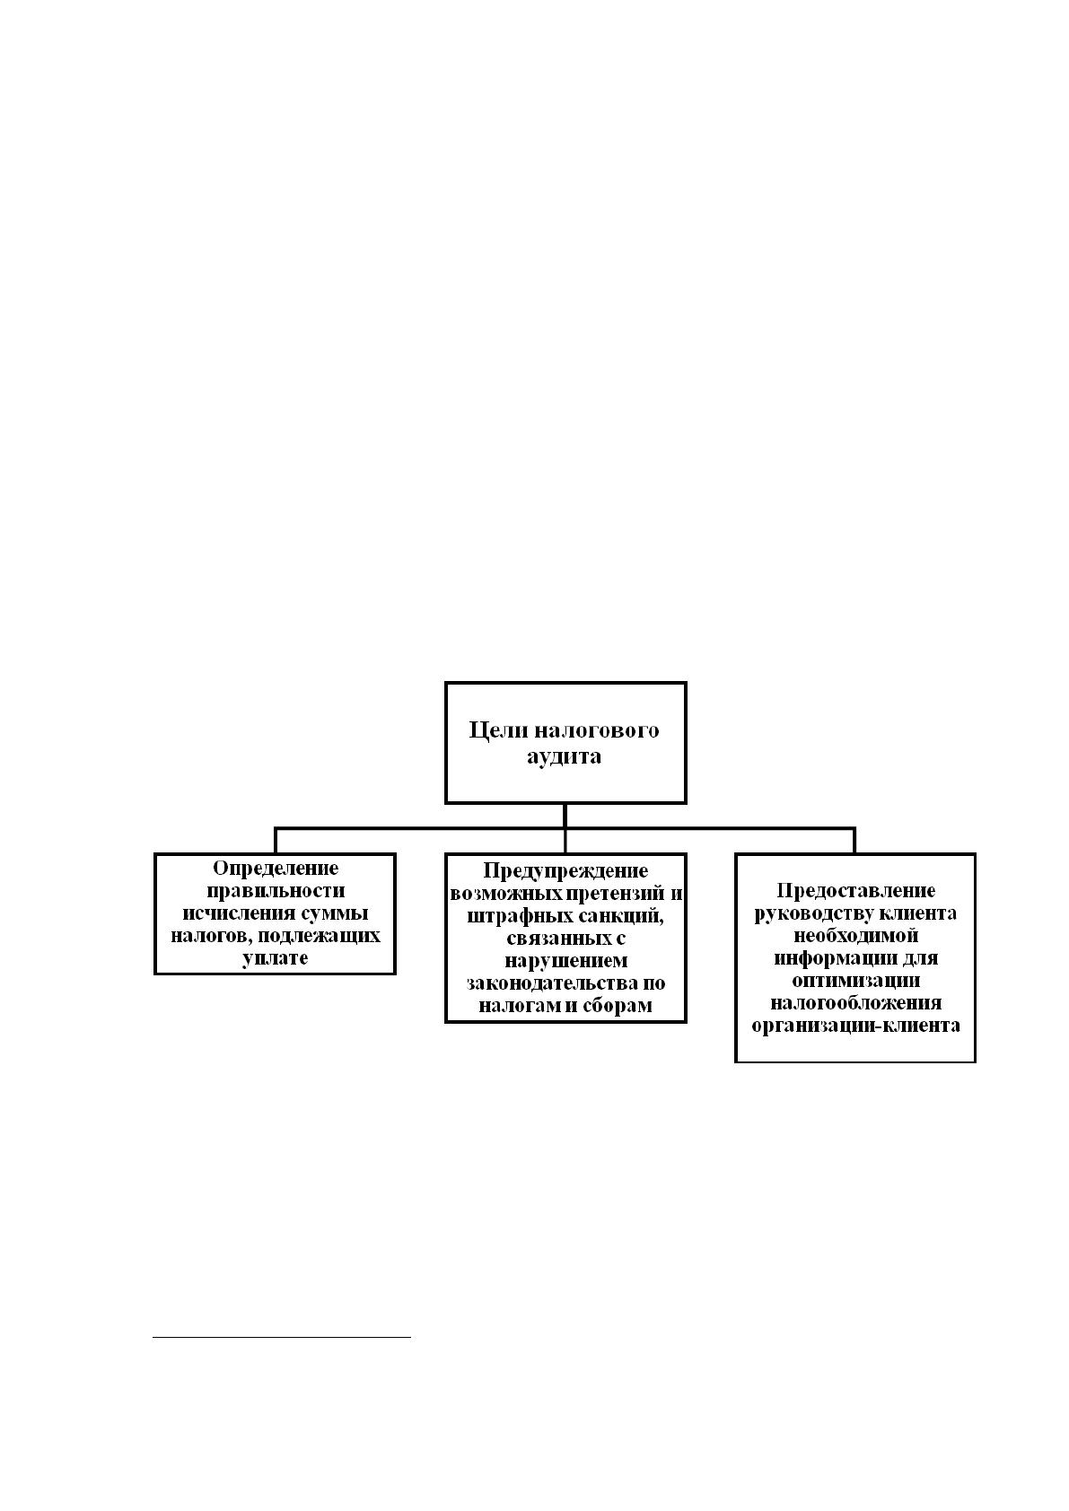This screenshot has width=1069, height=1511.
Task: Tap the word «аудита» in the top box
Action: [x=564, y=756]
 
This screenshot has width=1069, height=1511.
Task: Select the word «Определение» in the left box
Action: [x=276, y=868]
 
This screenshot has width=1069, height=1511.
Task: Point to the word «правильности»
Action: [x=276, y=890]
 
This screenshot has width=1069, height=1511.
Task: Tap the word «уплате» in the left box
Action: [x=276, y=958]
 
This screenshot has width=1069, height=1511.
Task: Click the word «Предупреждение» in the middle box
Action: [x=565, y=871]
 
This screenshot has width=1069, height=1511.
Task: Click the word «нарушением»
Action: [x=565, y=961]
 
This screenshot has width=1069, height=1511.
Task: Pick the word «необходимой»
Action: [x=855, y=936]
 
